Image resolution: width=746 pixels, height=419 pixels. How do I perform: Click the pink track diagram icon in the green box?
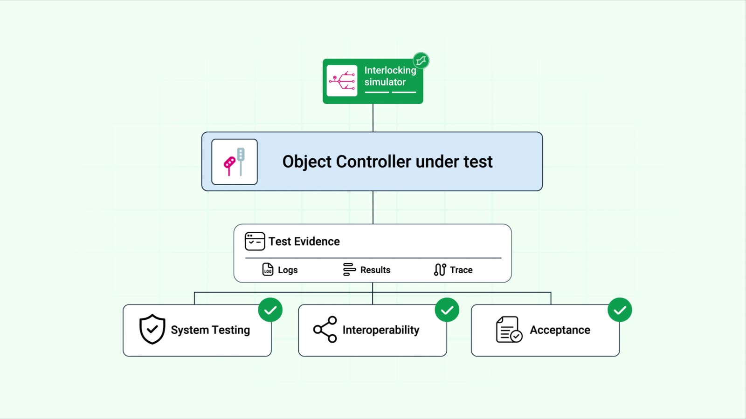(x=342, y=81)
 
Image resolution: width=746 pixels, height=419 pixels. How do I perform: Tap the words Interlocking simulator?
(x=390, y=76)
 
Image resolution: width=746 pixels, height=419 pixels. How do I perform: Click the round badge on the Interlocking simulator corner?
(x=421, y=61)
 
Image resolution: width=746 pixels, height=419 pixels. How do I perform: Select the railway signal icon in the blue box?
(x=235, y=162)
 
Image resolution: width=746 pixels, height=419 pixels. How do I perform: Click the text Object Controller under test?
(x=387, y=162)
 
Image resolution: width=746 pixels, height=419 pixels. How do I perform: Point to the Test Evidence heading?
(x=304, y=242)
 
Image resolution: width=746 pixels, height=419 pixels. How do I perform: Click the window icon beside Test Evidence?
(x=255, y=241)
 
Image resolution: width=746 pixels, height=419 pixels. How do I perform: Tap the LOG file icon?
(x=268, y=270)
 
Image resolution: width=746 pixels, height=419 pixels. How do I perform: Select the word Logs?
(x=288, y=270)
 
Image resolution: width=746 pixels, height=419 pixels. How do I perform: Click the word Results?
(x=375, y=270)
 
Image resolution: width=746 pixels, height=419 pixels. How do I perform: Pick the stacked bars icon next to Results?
(x=349, y=270)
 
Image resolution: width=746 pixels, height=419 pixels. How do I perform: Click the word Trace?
(x=461, y=270)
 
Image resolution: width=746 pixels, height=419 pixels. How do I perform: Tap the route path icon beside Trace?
(x=440, y=270)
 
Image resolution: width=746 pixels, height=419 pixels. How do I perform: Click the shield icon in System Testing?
(x=152, y=329)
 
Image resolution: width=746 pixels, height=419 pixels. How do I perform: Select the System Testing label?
(x=210, y=330)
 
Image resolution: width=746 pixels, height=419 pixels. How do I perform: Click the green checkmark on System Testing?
(x=270, y=310)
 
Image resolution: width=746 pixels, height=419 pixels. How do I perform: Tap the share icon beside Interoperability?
(x=325, y=329)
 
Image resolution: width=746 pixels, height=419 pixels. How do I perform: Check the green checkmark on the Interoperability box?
(x=447, y=310)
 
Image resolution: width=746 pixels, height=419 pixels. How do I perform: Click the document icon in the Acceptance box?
(x=509, y=329)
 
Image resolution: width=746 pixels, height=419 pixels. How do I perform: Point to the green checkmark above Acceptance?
(x=620, y=310)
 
